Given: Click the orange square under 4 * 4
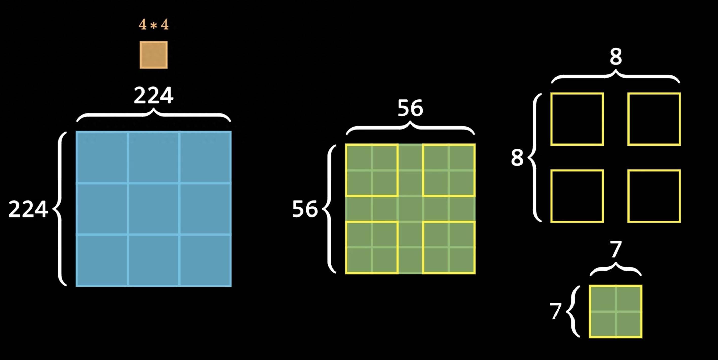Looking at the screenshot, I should pyautogui.click(x=154, y=55).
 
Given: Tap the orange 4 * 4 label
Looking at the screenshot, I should pyautogui.click(x=154, y=25).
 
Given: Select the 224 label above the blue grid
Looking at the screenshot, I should pyautogui.click(x=154, y=96).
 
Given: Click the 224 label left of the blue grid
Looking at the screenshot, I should pyautogui.click(x=28, y=209).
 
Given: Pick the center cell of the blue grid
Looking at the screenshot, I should pyautogui.click(x=154, y=209).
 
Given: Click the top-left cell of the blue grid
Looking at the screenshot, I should pyautogui.click(x=102, y=157).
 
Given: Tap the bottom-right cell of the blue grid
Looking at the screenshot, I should pyautogui.click(x=205, y=260).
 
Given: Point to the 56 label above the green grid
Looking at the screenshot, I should pyautogui.click(x=410, y=108).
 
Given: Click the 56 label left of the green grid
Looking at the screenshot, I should pyautogui.click(x=305, y=209).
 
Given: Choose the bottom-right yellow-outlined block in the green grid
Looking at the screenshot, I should pyautogui.click(x=449, y=247).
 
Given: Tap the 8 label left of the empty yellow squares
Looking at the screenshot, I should pyautogui.click(x=517, y=158).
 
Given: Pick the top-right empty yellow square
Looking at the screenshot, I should pyautogui.click(x=654, y=119).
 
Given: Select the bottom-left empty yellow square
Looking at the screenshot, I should pyautogui.click(x=577, y=196).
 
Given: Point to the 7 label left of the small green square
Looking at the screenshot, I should pyautogui.click(x=555, y=312).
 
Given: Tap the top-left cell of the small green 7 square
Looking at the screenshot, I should pyautogui.click(x=603, y=298).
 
